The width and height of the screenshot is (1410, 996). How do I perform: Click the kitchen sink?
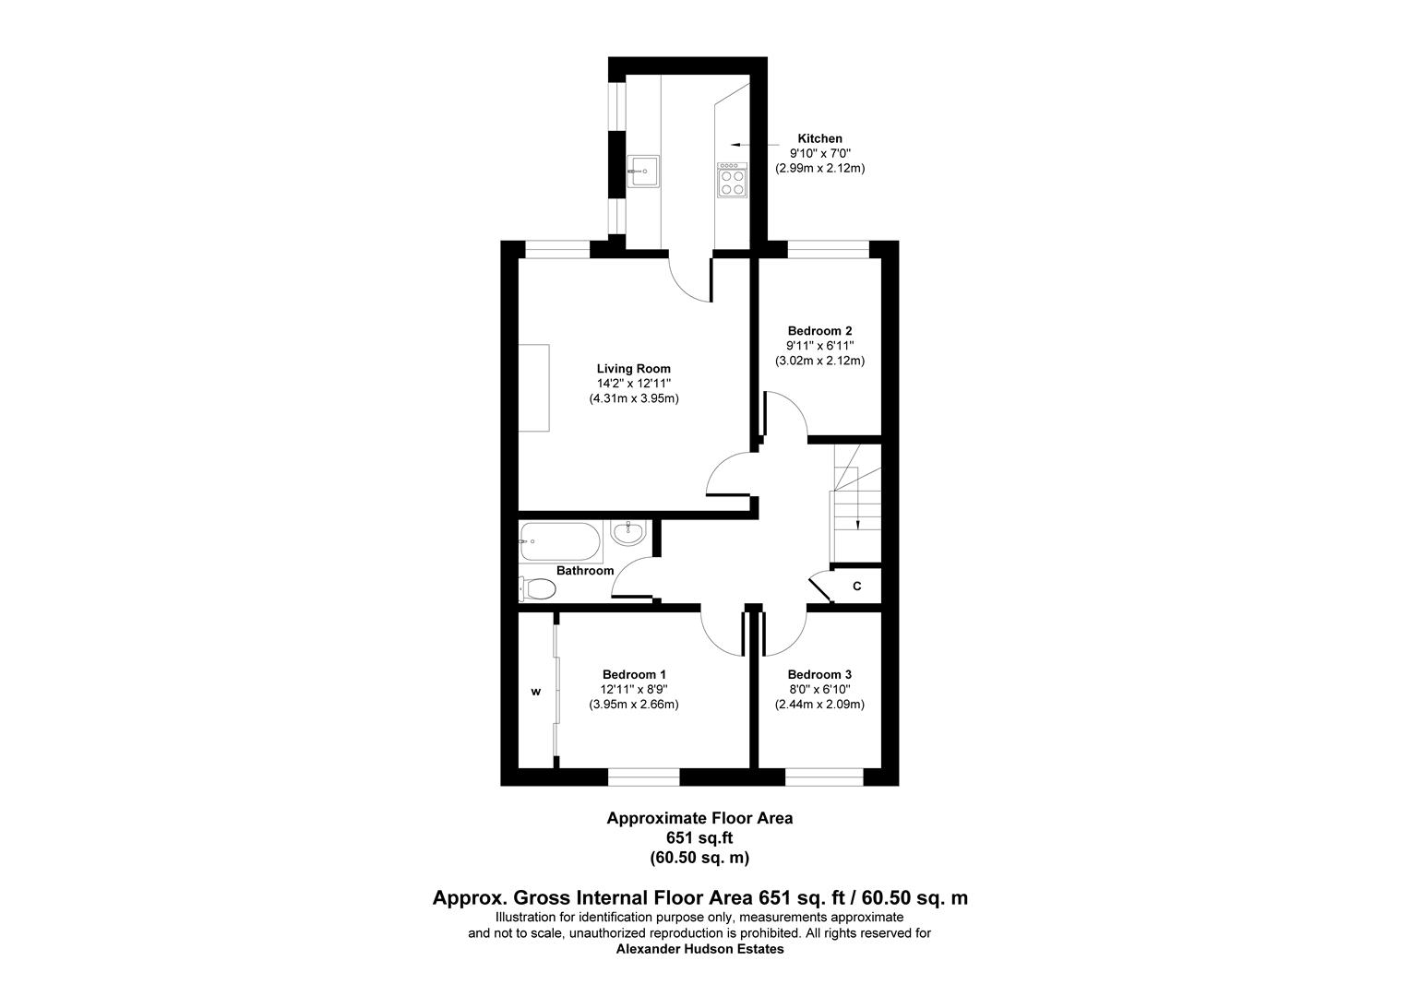[x=642, y=170]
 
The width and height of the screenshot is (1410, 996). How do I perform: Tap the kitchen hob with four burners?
[x=732, y=181]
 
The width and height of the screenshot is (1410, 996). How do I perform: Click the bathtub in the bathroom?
[x=559, y=541]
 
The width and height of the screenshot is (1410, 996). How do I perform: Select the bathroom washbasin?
[x=629, y=532]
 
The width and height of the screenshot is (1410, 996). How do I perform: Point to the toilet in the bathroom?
[x=537, y=587]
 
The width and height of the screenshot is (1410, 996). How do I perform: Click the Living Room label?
[x=633, y=369]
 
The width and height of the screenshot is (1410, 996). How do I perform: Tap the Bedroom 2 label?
[x=819, y=331]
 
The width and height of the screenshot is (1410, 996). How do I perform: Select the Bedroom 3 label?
[x=819, y=675]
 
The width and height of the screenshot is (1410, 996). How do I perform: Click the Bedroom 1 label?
[x=634, y=675]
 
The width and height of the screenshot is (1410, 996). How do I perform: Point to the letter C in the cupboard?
[x=856, y=587]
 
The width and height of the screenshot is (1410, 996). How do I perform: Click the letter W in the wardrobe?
[x=534, y=691]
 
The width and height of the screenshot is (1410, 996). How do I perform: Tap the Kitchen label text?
[x=819, y=138]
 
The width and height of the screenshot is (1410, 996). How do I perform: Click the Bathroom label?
[x=585, y=571]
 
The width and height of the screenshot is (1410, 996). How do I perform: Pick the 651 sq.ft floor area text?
[x=699, y=837]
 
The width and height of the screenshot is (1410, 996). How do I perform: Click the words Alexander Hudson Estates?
[x=699, y=949]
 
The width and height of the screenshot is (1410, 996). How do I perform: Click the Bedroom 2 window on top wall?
[x=828, y=247]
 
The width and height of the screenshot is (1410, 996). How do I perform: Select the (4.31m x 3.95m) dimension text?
[x=634, y=399]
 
